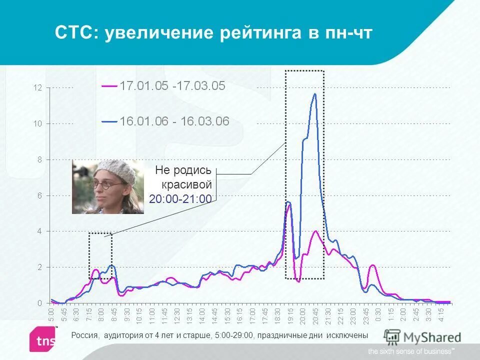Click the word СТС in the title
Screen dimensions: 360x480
(x=76, y=33)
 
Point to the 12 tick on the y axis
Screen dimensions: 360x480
(x=37, y=88)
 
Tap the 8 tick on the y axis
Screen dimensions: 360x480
(x=39, y=159)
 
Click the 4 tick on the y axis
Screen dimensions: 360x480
(x=39, y=231)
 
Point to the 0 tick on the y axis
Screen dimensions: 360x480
(x=39, y=303)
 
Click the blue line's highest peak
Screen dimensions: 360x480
(x=314, y=94)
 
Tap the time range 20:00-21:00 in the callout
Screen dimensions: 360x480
(x=180, y=199)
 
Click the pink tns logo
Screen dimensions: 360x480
(x=44, y=339)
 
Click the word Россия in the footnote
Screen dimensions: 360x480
(x=84, y=335)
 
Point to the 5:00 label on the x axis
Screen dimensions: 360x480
(x=52, y=315)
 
